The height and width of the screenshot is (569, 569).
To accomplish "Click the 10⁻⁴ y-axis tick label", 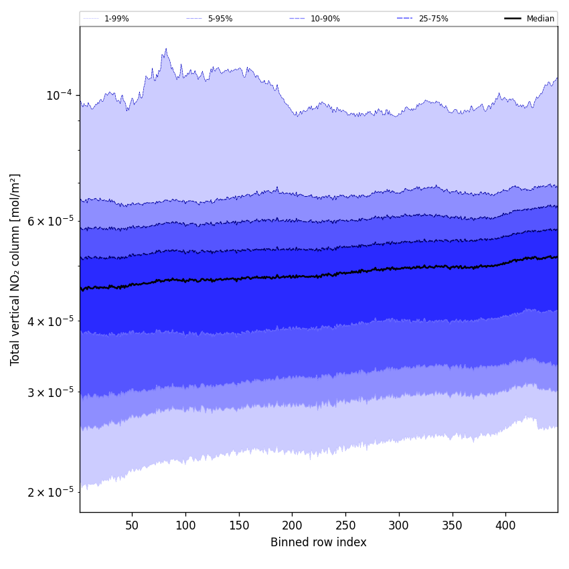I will click(x=59, y=95).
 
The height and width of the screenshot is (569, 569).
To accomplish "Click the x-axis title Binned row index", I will click(x=319, y=542).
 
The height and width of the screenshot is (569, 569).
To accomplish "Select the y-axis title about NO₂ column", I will click(x=15, y=269).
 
